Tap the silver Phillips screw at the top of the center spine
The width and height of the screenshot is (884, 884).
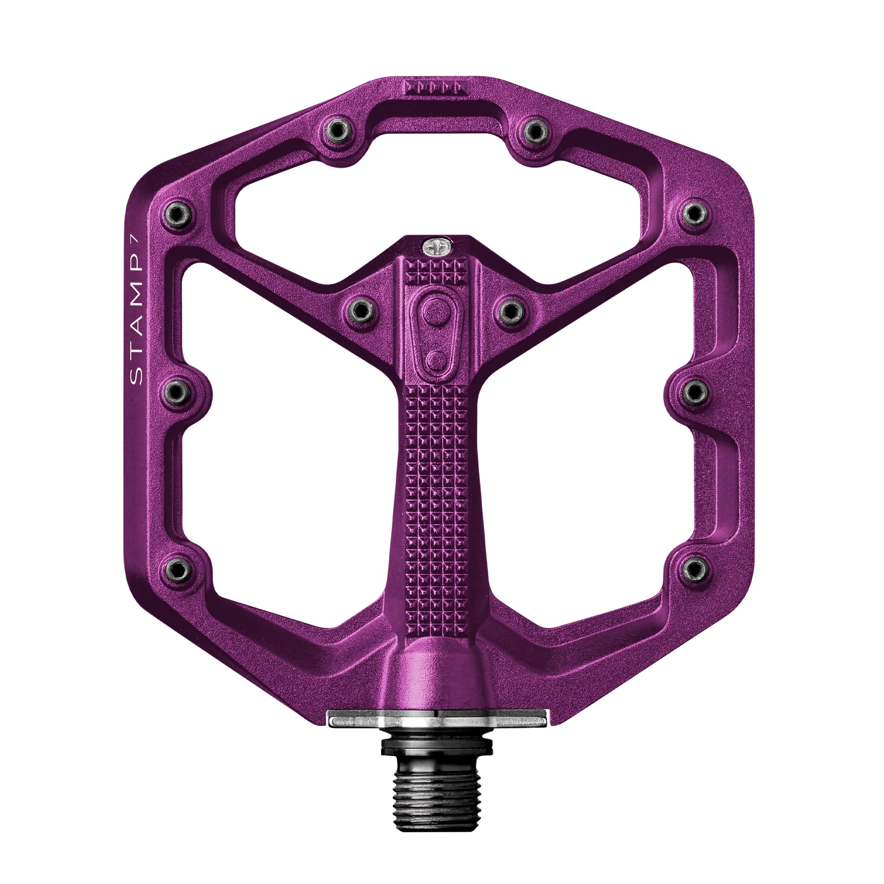point(437,248)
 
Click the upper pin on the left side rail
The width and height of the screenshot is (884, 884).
point(178,213)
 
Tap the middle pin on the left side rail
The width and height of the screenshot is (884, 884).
point(178,392)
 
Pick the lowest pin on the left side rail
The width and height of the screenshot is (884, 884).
point(178,569)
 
